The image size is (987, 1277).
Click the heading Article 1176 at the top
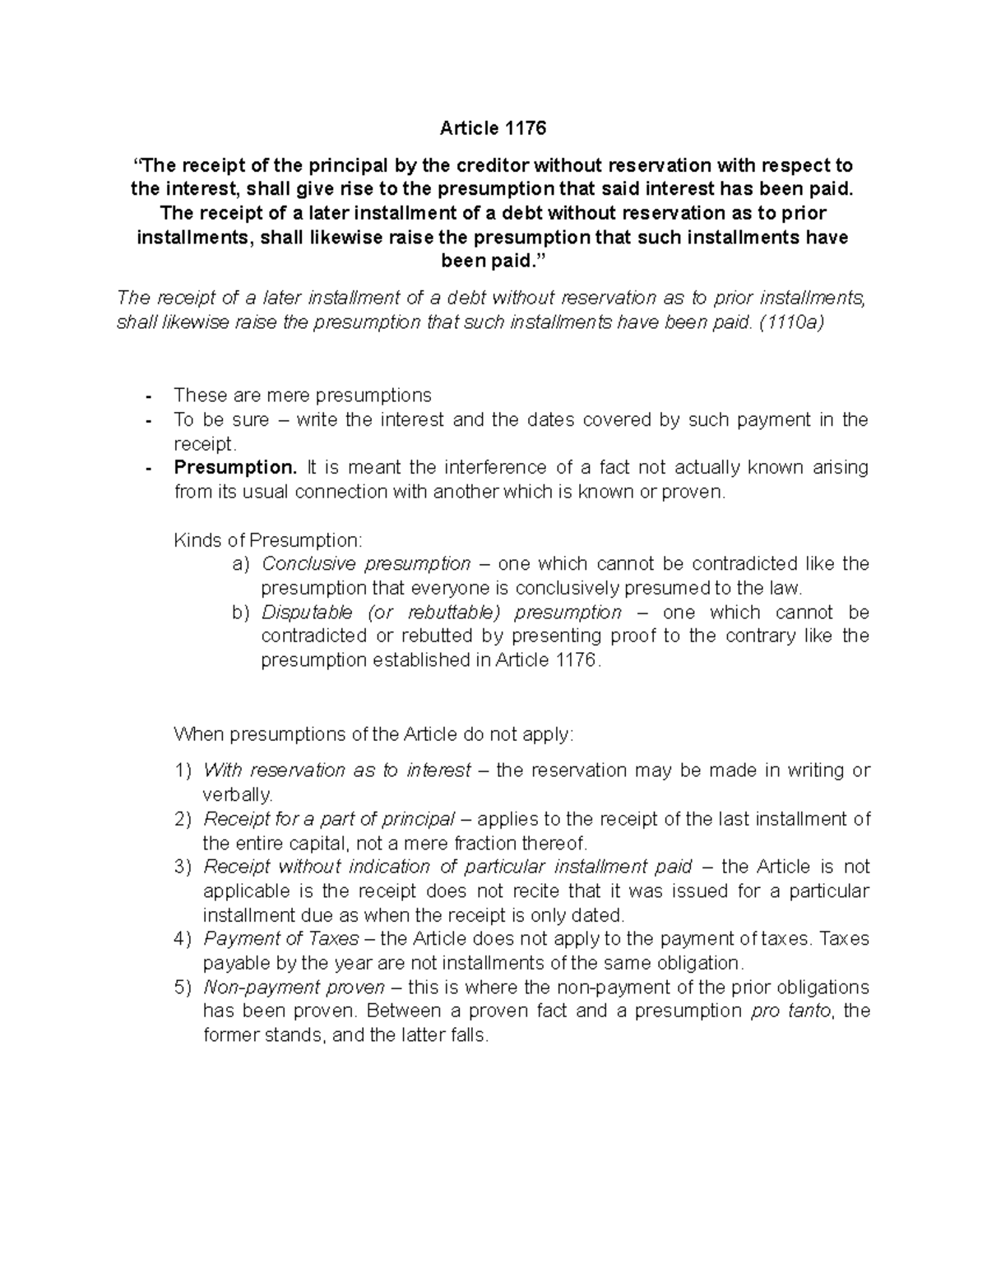(x=493, y=128)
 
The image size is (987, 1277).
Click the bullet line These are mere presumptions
(x=303, y=396)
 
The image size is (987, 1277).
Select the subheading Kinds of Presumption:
(x=267, y=540)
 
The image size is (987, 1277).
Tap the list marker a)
(x=240, y=564)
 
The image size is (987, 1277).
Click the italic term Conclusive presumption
(x=366, y=564)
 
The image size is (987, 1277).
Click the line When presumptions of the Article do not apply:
(x=373, y=734)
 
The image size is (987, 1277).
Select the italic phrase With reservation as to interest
(x=337, y=770)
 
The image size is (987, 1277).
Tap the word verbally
(x=237, y=795)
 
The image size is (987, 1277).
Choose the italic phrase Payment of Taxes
(x=281, y=939)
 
